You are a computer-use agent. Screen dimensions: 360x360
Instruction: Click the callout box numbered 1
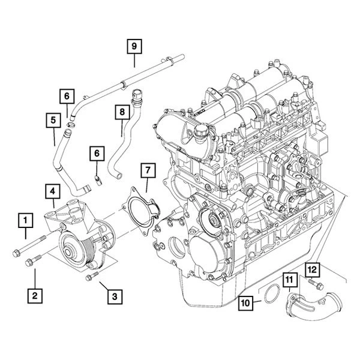click(25, 221)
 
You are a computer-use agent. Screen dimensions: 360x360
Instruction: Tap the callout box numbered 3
click(115, 295)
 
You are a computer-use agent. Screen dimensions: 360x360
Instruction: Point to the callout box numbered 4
click(53, 192)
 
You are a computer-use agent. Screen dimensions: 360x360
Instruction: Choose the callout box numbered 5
click(53, 121)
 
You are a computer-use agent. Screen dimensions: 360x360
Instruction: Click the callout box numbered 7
click(146, 170)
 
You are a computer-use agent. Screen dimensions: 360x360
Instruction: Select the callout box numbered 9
click(134, 46)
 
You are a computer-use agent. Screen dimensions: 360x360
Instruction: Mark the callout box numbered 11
click(289, 279)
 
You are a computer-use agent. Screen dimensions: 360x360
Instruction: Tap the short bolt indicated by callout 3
click(91, 277)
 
